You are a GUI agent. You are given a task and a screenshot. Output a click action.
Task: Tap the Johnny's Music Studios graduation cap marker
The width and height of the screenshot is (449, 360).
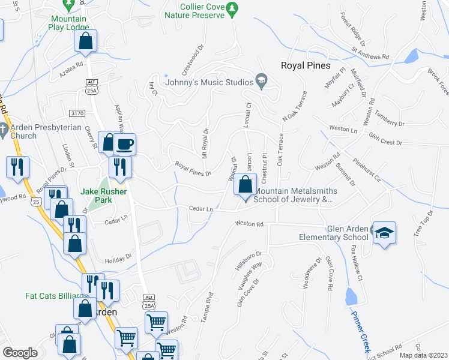261,79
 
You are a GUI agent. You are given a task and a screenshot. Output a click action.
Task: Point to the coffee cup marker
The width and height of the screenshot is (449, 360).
125,144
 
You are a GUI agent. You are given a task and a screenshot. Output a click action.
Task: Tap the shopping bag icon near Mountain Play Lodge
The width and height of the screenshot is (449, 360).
86,41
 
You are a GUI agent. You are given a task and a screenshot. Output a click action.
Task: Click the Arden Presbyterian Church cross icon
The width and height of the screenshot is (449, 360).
4,129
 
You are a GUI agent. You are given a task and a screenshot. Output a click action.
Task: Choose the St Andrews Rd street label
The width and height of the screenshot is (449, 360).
371,55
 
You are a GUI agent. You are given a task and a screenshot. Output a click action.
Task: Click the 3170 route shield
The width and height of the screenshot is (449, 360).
77,112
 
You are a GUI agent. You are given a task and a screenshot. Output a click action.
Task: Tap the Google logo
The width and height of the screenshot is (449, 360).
20,353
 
